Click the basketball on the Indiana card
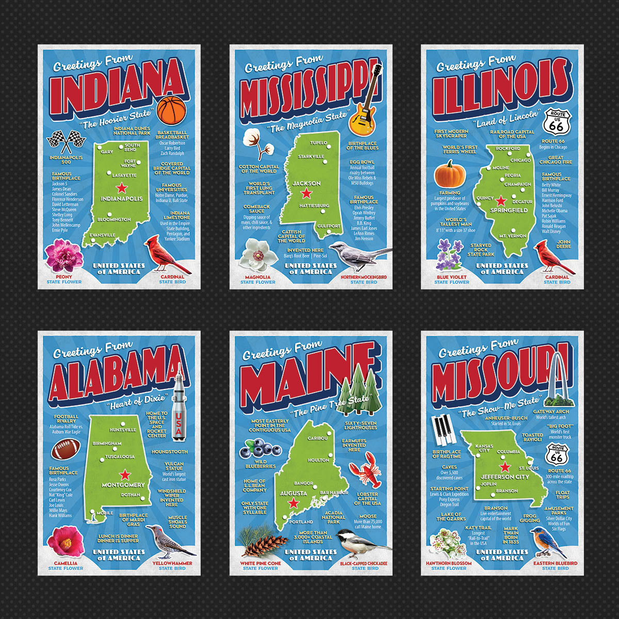(x=171, y=110)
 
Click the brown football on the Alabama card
(x=64, y=450)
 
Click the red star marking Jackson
(x=306, y=193)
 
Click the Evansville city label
(x=103, y=235)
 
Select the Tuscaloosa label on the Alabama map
(x=120, y=457)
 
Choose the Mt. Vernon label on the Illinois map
(x=512, y=236)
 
